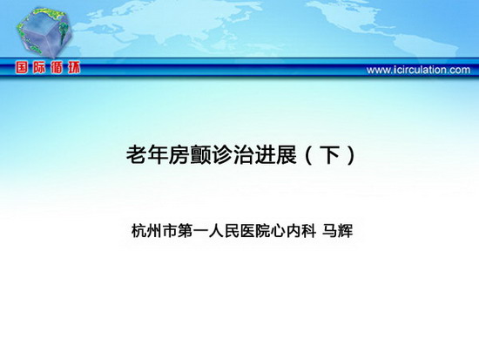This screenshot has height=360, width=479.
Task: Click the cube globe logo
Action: (44, 32)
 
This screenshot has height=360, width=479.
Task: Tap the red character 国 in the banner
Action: (22, 67)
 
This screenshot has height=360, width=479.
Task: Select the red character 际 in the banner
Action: (39, 67)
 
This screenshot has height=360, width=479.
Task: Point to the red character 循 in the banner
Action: (57, 67)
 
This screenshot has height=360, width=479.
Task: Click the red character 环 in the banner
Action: (74, 67)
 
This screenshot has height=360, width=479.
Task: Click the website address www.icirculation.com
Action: (419, 70)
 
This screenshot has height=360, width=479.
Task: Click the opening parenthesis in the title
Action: (308, 155)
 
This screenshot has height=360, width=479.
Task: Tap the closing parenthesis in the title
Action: (351, 155)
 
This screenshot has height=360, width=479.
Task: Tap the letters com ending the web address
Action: (460, 71)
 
